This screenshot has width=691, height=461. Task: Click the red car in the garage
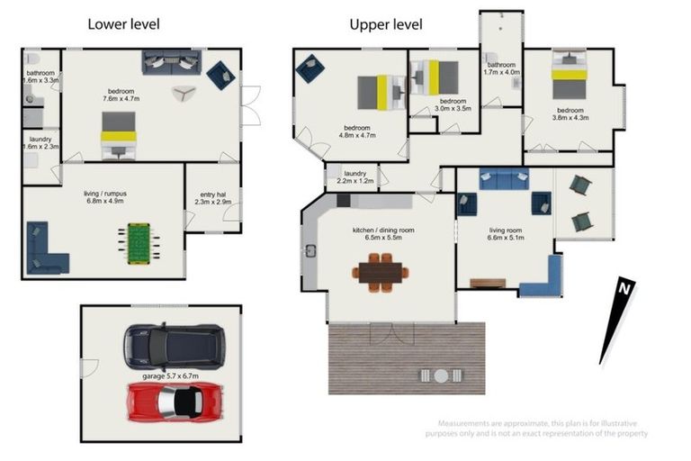click(x=174, y=402)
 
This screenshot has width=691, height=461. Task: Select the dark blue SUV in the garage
click(x=174, y=348)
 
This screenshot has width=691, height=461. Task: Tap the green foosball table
click(x=139, y=244)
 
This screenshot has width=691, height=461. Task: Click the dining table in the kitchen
click(x=381, y=272)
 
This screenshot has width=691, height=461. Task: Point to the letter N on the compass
click(x=624, y=288)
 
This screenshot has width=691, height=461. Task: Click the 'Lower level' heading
click(x=124, y=24)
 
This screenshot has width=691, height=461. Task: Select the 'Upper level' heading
click(x=386, y=24)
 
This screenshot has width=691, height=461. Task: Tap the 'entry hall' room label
click(x=213, y=194)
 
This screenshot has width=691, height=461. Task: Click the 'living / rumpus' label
click(x=105, y=194)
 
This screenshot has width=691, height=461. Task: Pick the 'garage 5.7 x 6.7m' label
click(x=171, y=376)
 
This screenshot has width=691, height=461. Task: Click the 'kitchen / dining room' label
click(x=383, y=230)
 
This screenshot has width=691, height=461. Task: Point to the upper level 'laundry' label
click(x=355, y=174)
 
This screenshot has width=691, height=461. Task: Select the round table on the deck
click(x=441, y=375)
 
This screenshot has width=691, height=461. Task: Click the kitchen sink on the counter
click(x=310, y=251)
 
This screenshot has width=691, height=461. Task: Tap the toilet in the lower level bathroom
click(x=32, y=59)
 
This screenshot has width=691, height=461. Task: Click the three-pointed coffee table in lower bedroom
click(x=184, y=93)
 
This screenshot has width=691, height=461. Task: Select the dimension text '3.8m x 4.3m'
click(x=570, y=118)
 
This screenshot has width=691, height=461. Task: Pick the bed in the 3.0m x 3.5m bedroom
click(x=435, y=77)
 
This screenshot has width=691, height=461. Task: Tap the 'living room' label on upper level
click(x=506, y=230)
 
